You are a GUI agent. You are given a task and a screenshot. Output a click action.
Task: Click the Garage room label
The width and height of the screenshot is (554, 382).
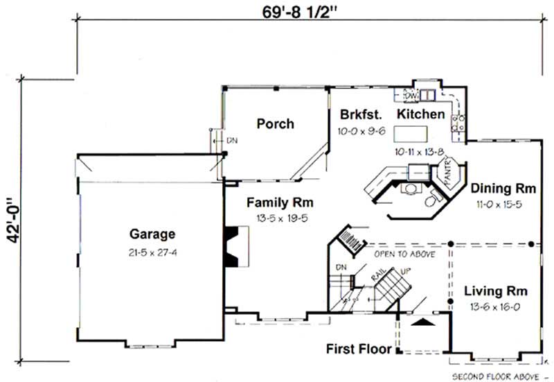click(152, 234)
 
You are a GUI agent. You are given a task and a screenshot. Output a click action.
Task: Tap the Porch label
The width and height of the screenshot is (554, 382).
click(275, 124)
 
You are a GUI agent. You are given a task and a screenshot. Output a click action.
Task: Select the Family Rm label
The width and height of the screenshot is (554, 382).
click(280, 203)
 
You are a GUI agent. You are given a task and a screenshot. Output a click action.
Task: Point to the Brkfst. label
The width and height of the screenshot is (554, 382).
click(358, 114)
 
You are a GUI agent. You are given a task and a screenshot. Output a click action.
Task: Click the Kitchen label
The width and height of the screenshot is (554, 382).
click(420, 114)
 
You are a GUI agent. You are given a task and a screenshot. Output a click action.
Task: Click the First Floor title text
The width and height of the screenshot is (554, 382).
click(358, 348)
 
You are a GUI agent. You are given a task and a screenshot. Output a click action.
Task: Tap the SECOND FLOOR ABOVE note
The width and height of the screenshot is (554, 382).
click(496, 376)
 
